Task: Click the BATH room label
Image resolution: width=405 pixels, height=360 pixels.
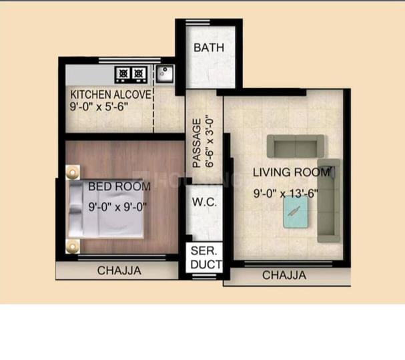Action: [x=209, y=47]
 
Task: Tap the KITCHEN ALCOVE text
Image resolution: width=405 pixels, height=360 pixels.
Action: [x=111, y=95]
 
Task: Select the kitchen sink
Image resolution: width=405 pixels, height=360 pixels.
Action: [x=165, y=73]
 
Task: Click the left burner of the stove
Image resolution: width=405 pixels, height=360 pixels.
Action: [x=123, y=73]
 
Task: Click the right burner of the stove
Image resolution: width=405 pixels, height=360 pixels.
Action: [x=139, y=73]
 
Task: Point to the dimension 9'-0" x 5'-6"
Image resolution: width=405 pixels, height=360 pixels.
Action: [x=99, y=106]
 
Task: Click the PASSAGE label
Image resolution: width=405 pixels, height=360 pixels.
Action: [x=197, y=143]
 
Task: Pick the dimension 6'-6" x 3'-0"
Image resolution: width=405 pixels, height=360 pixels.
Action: [x=210, y=142]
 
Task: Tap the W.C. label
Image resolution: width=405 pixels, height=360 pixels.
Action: [x=204, y=202]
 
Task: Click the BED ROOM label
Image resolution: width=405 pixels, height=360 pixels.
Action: [x=119, y=186]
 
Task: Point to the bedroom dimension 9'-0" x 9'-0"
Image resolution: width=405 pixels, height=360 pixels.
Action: [x=118, y=207]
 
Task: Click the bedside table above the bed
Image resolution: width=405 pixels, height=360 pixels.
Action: [x=73, y=172]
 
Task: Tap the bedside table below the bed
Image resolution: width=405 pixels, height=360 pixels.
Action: [x=73, y=246]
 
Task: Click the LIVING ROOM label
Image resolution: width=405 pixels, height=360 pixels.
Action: [x=291, y=172]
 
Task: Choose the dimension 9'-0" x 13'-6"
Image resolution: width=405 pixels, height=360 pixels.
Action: [x=286, y=193]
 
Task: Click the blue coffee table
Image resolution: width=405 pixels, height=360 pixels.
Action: [x=296, y=212]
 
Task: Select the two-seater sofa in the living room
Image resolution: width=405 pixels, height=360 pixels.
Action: [x=295, y=146]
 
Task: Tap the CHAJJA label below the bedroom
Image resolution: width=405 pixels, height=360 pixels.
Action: [x=119, y=271]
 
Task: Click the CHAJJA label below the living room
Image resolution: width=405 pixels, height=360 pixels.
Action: [x=284, y=275]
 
